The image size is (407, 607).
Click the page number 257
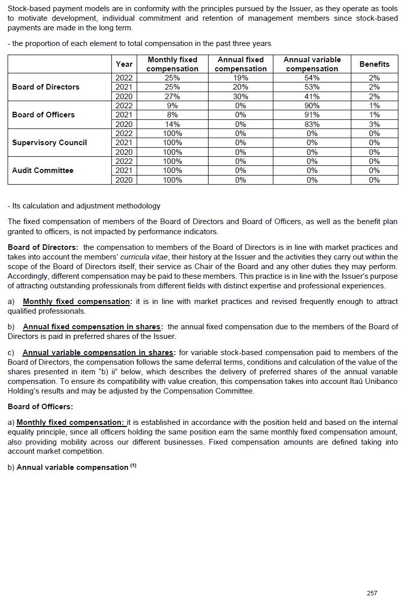pyautogui.click(x=372, y=593)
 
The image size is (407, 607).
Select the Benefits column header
pyautogui.click(x=374, y=64)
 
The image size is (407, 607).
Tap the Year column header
pyautogui.click(x=124, y=64)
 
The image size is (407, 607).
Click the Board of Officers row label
pyautogui.click(x=43, y=115)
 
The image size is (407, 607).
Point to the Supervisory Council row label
pyautogui.click(x=50, y=143)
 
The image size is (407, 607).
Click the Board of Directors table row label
pyautogui.click(x=46, y=87)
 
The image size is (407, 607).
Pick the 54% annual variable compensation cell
pyautogui.click(x=312, y=78)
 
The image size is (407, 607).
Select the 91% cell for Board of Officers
pyautogui.click(x=312, y=115)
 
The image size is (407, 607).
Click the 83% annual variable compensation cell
pyautogui.click(x=312, y=124)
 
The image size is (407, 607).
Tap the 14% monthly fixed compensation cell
pyautogui.click(x=173, y=124)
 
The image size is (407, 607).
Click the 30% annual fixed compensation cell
pyautogui.click(x=240, y=96)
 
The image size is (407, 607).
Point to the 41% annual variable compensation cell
pyautogui.click(x=312, y=96)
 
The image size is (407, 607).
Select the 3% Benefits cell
pyautogui.click(x=374, y=124)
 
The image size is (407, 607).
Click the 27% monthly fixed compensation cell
pyautogui.click(x=173, y=96)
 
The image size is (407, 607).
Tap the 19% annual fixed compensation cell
pyautogui.click(x=240, y=78)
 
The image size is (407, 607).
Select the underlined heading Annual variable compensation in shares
pyautogui.click(x=98, y=353)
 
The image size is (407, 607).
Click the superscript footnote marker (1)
pyautogui.click(x=133, y=466)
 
